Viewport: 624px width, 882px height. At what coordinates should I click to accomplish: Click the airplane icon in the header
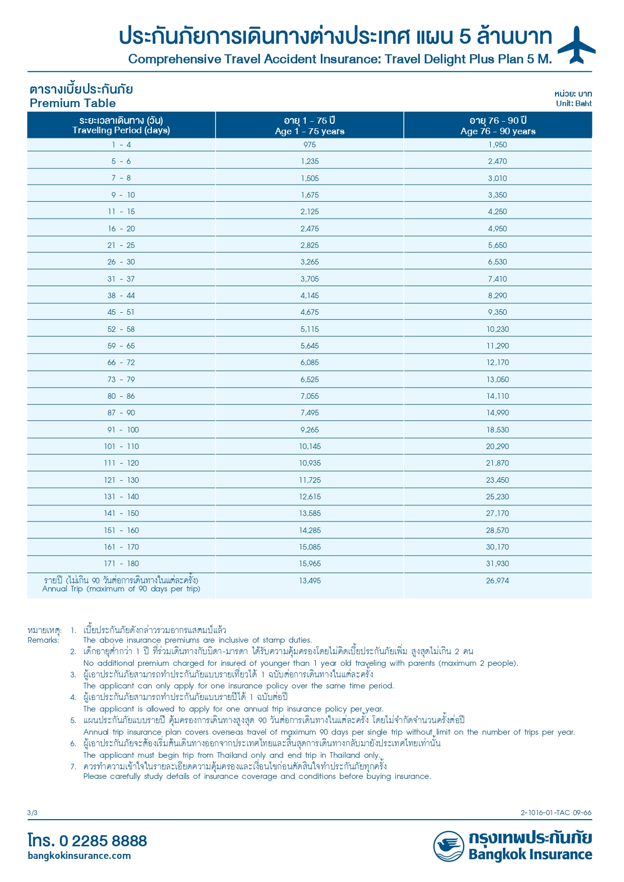point(576,45)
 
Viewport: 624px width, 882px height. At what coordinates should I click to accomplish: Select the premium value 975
point(309,145)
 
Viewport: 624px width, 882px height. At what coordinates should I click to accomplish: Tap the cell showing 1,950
point(497,145)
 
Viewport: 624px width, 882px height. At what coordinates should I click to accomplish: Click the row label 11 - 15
point(121,212)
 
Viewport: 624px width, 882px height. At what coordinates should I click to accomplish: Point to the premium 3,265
point(309,262)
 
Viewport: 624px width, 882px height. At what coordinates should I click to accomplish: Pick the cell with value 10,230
point(497,329)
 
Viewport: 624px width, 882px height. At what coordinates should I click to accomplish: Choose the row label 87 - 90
point(121,413)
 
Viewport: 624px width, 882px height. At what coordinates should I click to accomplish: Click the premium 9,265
point(309,430)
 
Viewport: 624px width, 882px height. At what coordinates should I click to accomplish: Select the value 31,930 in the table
point(497,564)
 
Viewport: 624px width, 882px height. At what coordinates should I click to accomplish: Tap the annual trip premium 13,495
point(309,581)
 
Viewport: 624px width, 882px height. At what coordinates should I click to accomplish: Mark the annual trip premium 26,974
point(497,581)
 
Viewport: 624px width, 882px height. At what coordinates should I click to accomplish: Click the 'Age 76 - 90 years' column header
point(498,131)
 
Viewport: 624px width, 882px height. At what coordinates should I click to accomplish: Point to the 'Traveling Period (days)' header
point(121,130)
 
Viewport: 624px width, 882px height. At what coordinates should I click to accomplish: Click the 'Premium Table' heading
point(73,103)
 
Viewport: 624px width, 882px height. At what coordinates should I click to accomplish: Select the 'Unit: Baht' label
point(574,104)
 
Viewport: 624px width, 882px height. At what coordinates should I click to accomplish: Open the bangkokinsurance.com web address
point(79,856)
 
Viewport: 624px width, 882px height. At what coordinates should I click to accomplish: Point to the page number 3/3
point(32,813)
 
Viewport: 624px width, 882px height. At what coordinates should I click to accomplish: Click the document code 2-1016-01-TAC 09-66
point(556,813)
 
